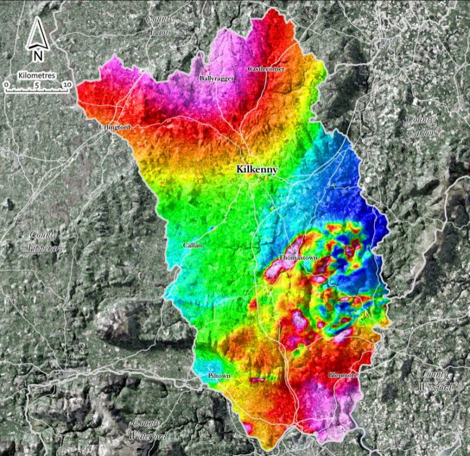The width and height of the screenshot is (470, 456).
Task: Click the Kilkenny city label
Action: point(256,169)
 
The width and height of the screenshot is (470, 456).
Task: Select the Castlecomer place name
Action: point(266,69)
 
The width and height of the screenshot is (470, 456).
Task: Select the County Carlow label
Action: point(421,126)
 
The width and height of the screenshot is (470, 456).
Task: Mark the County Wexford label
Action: point(435,381)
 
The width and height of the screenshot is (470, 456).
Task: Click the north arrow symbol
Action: point(36,34)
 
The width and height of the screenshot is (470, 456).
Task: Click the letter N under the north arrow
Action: point(37,56)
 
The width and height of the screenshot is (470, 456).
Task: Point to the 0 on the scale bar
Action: point(6,85)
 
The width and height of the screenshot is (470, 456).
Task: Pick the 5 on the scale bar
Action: point(36,85)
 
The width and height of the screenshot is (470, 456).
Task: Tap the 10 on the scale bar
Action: point(67,85)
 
